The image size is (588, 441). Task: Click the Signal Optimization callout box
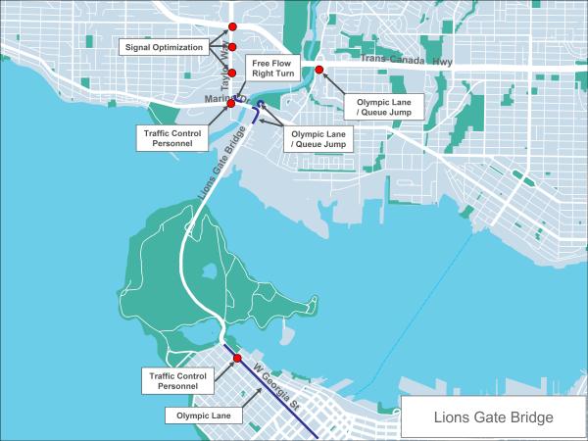click(x=164, y=47)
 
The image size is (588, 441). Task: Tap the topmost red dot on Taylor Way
click(x=232, y=26)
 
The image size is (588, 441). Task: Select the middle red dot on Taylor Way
click(x=232, y=47)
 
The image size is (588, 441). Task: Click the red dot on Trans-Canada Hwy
click(x=319, y=69)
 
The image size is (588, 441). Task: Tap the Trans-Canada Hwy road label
click(x=403, y=61)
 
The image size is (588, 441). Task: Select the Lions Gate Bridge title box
click(x=493, y=417)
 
